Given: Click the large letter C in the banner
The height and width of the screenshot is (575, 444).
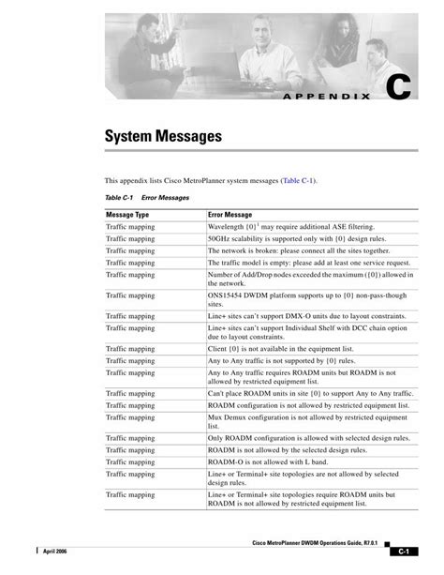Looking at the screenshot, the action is pyautogui.click(x=397, y=87).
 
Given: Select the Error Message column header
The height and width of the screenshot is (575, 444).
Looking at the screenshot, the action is pyautogui.click(x=232, y=215).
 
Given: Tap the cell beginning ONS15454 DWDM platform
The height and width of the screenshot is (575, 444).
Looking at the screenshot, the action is pyautogui.click(x=307, y=299).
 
